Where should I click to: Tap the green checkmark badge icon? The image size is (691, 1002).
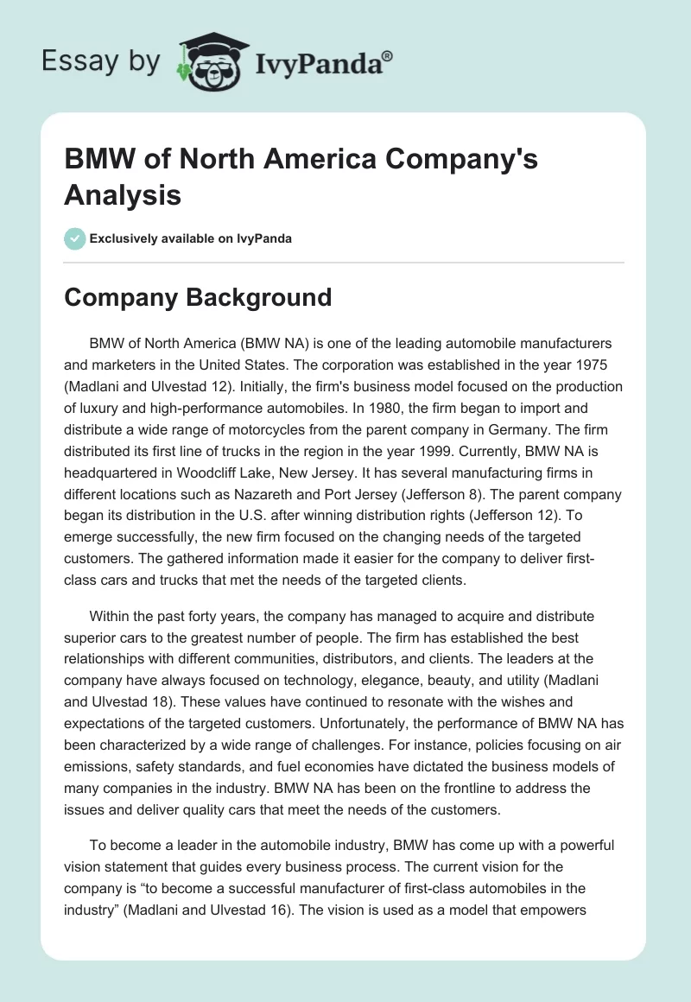[75, 238]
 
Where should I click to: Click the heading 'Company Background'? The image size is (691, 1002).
[198, 297]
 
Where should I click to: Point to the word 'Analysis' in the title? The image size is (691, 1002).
[123, 194]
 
